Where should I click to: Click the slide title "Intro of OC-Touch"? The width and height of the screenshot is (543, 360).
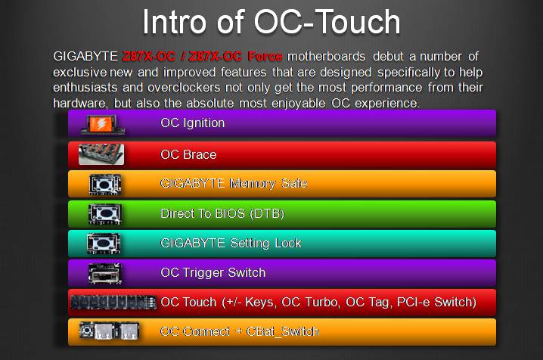(x=271, y=23)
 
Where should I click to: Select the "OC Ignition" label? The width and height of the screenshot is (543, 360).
(x=192, y=123)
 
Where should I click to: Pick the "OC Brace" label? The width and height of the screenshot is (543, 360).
(x=188, y=154)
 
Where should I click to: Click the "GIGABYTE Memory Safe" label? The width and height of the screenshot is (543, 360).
(x=234, y=183)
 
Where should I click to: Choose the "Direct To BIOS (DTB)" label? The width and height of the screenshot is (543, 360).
(x=222, y=213)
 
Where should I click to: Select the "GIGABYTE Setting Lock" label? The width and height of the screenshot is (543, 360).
(x=231, y=243)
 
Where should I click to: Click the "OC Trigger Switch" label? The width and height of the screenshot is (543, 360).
(x=213, y=272)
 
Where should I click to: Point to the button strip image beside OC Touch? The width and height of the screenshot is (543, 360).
(x=113, y=303)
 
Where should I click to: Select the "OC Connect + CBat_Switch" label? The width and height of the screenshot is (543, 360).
(x=239, y=331)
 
